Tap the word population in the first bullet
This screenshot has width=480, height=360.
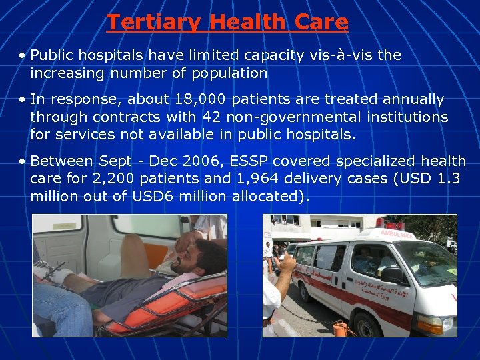230,73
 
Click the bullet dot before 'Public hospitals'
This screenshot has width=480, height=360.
23,55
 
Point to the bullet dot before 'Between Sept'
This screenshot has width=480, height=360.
23,161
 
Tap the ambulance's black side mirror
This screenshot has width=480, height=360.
393,275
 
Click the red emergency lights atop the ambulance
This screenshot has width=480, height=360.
381,223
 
